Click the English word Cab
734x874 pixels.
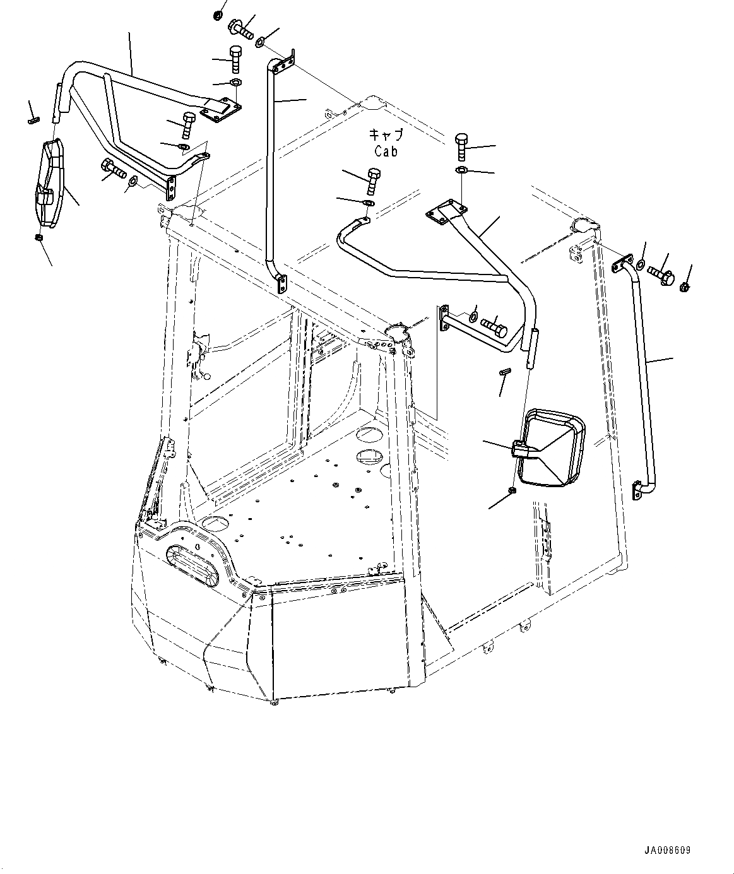[386, 151]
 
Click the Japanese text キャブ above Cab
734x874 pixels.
[385, 135]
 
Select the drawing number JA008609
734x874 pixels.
[667, 850]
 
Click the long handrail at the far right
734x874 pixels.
[644, 379]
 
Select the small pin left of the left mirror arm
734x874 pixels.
[33, 120]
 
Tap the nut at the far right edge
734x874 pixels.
[685, 288]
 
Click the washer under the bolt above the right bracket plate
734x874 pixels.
[461, 170]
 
